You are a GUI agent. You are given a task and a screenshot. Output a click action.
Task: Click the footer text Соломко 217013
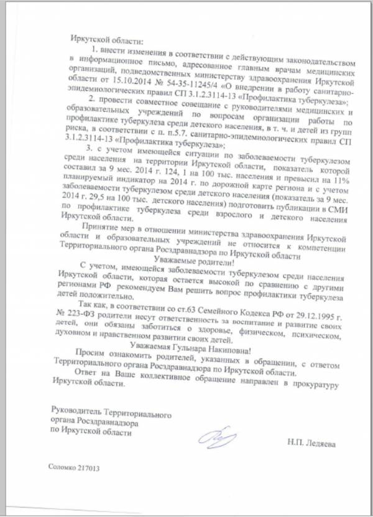74,468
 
